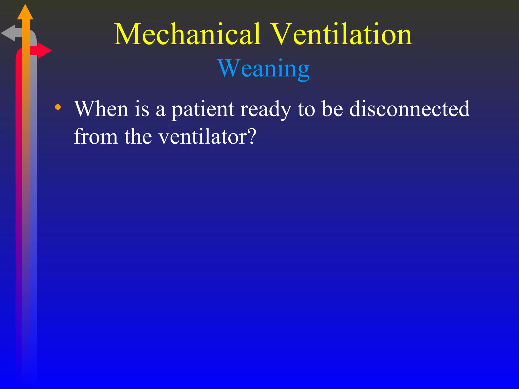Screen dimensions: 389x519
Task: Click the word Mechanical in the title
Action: [x=188, y=34]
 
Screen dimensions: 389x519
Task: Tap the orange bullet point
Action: [x=58, y=107]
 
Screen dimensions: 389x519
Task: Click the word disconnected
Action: [x=409, y=109]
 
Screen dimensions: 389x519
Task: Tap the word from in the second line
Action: [x=96, y=137]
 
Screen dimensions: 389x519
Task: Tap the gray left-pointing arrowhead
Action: [x=8, y=33]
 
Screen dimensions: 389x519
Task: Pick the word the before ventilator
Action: [x=138, y=137]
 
